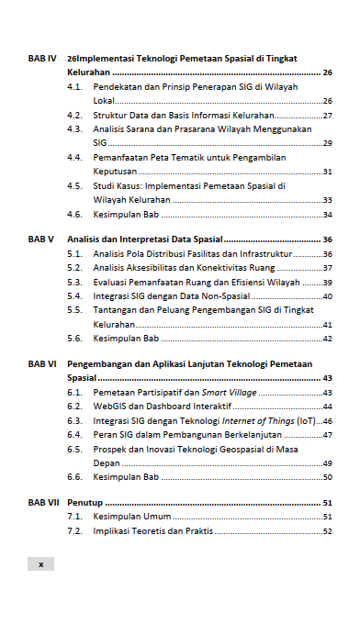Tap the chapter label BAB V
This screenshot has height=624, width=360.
click(x=39, y=239)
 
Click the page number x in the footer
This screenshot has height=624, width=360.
click(x=40, y=563)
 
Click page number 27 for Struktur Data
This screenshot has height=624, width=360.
click(x=327, y=116)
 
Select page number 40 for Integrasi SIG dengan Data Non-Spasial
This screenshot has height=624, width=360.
click(x=327, y=296)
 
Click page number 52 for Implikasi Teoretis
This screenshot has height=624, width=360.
click(x=327, y=531)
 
